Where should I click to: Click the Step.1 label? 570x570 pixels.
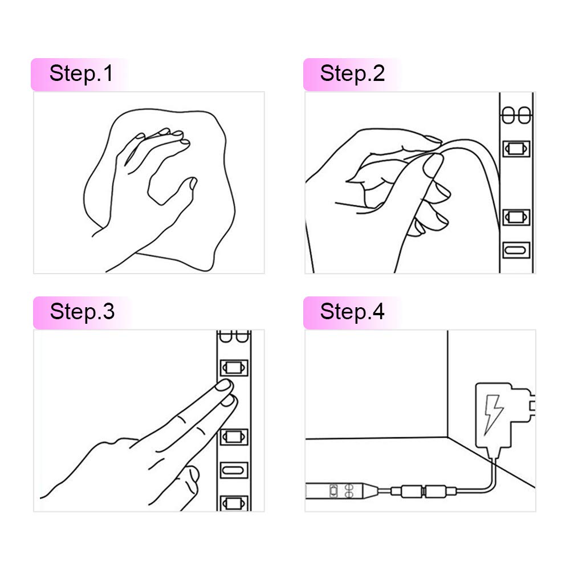tap(81, 74)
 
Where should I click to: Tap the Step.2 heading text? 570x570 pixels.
tap(352, 74)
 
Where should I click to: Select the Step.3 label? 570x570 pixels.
tap(82, 312)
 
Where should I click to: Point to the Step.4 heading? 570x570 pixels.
tap(352, 312)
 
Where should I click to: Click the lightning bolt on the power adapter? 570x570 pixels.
tap(493, 414)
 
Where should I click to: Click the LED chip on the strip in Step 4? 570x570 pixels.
tap(333, 491)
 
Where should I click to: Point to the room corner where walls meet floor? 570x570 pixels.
tap(447, 437)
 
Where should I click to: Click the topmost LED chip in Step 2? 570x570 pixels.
tap(516, 149)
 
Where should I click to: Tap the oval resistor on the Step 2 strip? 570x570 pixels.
tap(516, 250)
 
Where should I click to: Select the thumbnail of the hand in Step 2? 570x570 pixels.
tap(432, 165)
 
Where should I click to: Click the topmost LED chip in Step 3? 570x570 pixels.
tap(234, 368)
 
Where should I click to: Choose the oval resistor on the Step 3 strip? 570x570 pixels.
tap(234, 470)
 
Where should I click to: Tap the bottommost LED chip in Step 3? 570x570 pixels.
tap(234, 503)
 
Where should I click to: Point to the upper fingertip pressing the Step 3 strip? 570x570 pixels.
tap(224, 385)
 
